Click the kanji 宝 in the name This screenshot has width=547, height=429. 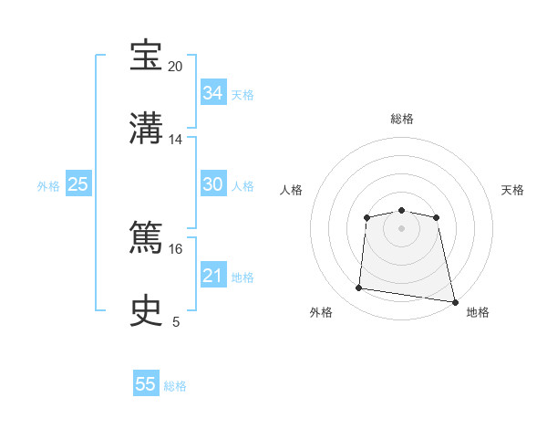pos(146,55)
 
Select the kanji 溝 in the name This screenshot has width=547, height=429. pos(146,128)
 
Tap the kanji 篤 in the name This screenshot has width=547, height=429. pos(146,236)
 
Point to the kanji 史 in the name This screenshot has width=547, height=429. pos(146,310)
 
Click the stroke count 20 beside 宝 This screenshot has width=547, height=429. pos(175,67)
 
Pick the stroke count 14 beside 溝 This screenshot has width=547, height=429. pos(175,140)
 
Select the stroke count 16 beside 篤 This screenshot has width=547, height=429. pos(175,249)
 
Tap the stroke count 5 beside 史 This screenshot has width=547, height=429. pos(176,322)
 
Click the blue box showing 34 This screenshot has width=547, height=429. pos(213,92)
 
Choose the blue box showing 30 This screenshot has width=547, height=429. pos(213,183)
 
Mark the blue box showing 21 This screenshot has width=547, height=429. pos(213,275)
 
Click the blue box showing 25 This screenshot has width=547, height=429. pos(78,183)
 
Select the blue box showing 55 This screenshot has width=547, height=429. pos(146,382)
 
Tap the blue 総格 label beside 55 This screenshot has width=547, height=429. pos(175,386)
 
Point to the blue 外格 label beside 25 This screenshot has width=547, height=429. pos(48,186)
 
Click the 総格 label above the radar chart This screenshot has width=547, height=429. pos(402,119)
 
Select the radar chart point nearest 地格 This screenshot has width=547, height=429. pos(455,302)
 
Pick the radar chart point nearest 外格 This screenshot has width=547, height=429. pos(358,288)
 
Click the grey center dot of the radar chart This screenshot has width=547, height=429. pos(401,228)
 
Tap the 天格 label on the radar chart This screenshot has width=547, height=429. pos(512,190)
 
